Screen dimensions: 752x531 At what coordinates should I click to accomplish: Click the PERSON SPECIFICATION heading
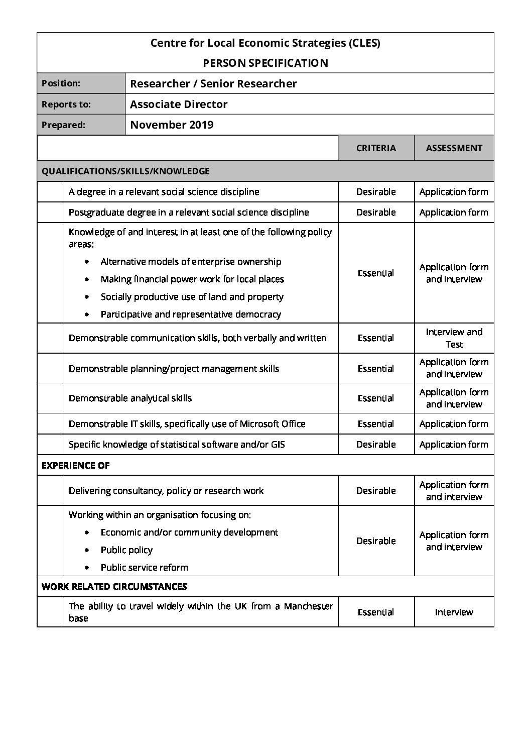(x=265, y=63)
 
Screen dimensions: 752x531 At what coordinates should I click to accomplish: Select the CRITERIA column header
(x=376, y=148)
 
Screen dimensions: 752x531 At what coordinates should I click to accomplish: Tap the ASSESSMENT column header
(x=454, y=148)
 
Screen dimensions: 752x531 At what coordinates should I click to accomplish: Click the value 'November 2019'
(x=172, y=125)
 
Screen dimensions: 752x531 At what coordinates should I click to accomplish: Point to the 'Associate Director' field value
(x=179, y=104)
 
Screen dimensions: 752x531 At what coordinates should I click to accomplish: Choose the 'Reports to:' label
(x=66, y=104)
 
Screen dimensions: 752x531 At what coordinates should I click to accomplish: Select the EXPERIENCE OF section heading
(x=75, y=465)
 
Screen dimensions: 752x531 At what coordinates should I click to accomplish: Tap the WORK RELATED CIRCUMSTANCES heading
(x=114, y=586)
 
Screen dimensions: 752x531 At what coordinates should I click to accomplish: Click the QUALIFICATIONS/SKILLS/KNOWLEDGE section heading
(x=125, y=171)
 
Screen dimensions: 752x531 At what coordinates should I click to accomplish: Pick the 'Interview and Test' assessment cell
(x=454, y=338)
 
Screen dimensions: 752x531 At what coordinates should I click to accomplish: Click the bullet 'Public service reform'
(x=144, y=567)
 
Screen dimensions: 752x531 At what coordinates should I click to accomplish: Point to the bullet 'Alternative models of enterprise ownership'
(x=191, y=261)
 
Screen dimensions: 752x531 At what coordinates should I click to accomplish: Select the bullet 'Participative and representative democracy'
(x=191, y=314)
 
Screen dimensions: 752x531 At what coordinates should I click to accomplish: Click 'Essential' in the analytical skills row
(x=376, y=398)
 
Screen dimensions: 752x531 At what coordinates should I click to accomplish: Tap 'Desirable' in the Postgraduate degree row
(x=376, y=212)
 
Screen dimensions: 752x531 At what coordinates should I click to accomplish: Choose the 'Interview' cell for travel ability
(x=454, y=612)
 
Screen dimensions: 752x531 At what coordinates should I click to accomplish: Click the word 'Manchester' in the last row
(x=308, y=606)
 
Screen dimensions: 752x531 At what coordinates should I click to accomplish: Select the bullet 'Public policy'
(x=126, y=550)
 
